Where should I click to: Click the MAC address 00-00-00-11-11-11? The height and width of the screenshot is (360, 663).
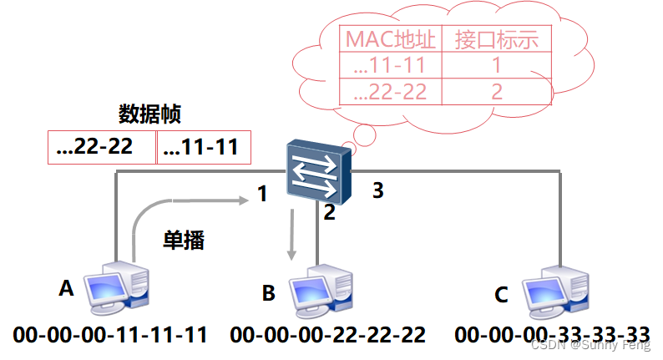pyautogui.click(x=110, y=336)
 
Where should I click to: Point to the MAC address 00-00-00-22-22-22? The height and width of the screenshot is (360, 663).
pyautogui.click(x=328, y=336)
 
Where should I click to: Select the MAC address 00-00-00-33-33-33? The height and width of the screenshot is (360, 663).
pyautogui.click(x=552, y=336)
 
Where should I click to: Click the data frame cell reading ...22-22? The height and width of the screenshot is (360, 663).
pyautogui.click(x=102, y=148)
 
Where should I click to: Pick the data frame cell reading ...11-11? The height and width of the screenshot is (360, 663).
pyautogui.click(x=200, y=148)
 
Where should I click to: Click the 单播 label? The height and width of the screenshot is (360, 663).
pyautogui.click(x=183, y=241)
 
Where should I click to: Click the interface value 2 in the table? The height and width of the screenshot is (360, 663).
pyautogui.click(x=497, y=91)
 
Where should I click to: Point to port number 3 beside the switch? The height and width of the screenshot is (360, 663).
pyautogui.click(x=378, y=190)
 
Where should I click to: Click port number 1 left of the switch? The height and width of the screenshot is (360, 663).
pyautogui.click(x=262, y=195)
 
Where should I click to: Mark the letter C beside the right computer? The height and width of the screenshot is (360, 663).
pyautogui.click(x=501, y=294)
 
